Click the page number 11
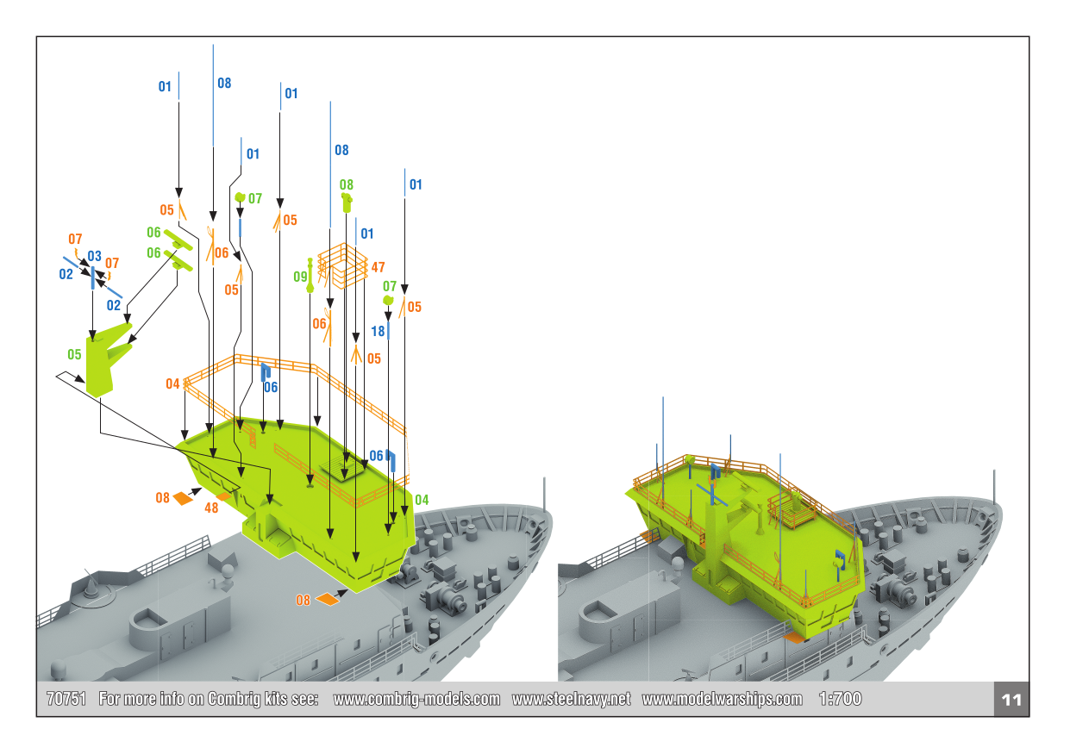tap(1011, 699)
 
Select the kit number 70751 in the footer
tap(66, 699)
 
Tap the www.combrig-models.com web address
tap(416, 699)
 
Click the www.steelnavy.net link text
tap(571, 699)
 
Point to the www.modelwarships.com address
tap(722, 699)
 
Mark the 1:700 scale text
tap(841, 699)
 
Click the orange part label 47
tap(378, 268)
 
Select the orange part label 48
tap(211, 508)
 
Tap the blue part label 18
tap(378, 331)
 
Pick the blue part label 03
tap(94, 257)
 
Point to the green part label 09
tap(300, 277)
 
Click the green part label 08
tap(346, 184)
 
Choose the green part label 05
tap(75, 354)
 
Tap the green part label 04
tap(422, 500)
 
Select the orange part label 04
tap(173, 383)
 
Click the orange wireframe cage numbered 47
tap(342, 265)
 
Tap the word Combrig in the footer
tap(232, 699)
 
